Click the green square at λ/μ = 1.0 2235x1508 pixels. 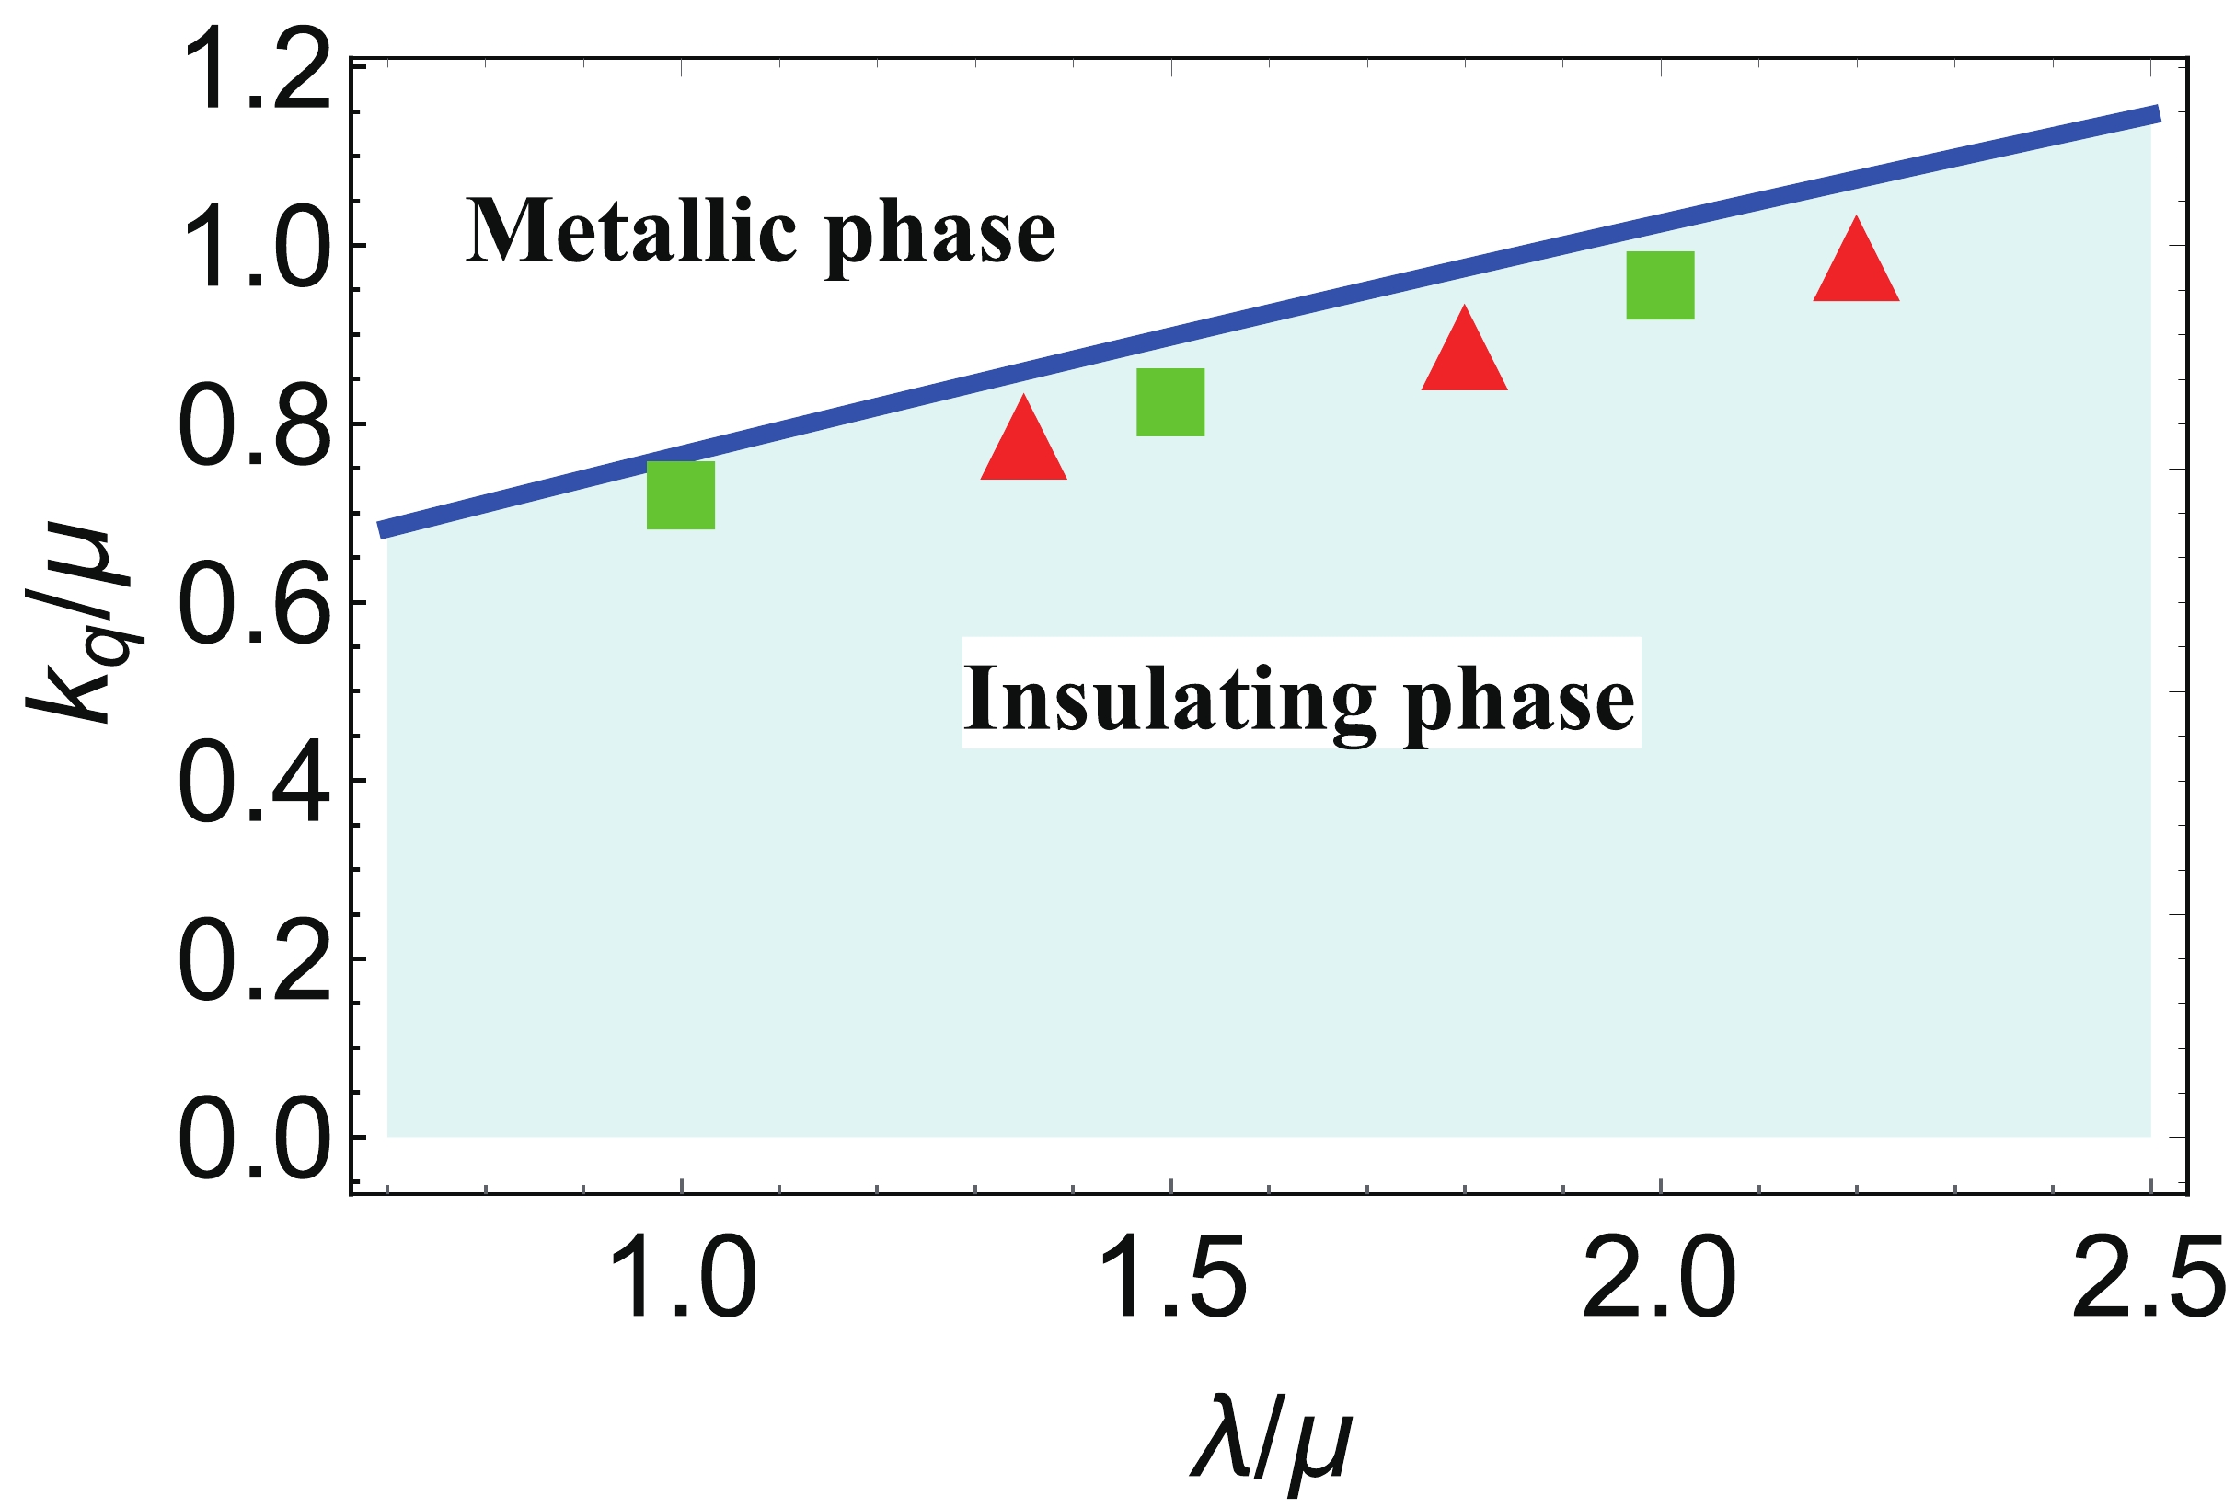pyautogui.click(x=681, y=495)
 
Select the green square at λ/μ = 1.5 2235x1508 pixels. pyautogui.click(x=1169, y=402)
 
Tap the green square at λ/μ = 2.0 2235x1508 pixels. pyautogui.click(x=1659, y=284)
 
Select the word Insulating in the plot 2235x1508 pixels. pyautogui.click(x=1169, y=698)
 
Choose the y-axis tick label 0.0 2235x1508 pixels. pyautogui.click(x=255, y=1138)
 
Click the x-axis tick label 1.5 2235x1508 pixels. pyautogui.click(x=1173, y=1279)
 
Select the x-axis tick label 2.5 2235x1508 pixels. pyautogui.click(x=2148, y=1279)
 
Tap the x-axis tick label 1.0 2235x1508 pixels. pyautogui.click(x=683, y=1279)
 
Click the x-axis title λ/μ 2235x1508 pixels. pyautogui.click(x=1271, y=1443)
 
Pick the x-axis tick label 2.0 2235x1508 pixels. pyautogui.click(x=1659, y=1279)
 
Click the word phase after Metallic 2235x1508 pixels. pyautogui.click(x=940, y=236)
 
